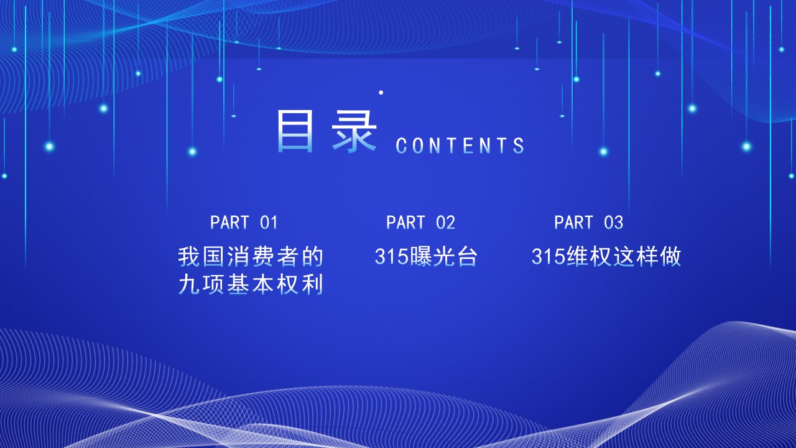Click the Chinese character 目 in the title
pos(295,131)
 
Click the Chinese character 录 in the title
pos(354,131)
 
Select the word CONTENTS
pos(460,146)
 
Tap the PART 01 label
pos(244,223)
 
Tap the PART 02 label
pos(421,223)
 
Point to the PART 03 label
pos(589,223)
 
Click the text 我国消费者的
pos(251,257)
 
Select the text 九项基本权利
pos(251,284)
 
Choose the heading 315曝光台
pos(426,256)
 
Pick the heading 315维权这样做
pos(606,256)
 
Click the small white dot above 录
pos(381,93)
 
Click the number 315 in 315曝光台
pos(392,257)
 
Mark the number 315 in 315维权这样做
pos(548,257)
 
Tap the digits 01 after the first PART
pos(269,223)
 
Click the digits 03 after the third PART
pos(614,223)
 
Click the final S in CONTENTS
pos(519,146)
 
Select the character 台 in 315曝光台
pos(467,256)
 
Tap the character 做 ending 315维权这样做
pos(670,256)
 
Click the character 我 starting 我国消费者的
pos(188,257)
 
